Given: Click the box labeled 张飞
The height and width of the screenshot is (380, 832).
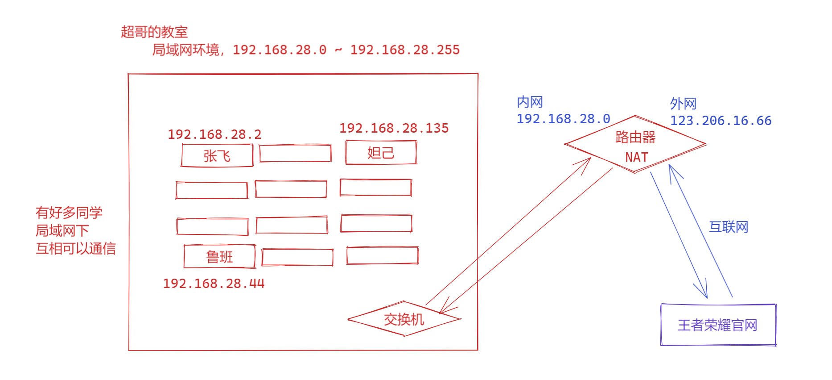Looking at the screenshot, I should [x=217, y=155].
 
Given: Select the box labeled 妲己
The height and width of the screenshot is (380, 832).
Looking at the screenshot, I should [x=381, y=153].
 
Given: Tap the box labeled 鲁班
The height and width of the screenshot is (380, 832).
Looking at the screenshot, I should [x=219, y=257].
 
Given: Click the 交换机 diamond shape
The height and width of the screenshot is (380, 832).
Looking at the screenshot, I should [x=404, y=319].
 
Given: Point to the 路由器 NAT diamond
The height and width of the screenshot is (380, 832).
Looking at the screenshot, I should [x=635, y=144].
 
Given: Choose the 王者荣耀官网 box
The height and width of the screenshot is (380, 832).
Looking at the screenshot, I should [x=718, y=325].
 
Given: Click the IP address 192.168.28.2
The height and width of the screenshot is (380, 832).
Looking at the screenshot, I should [x=214, y=134].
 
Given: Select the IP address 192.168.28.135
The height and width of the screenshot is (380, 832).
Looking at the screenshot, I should [x=394, y=128].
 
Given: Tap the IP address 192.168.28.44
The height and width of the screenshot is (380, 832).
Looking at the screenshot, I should [x=214, y=284].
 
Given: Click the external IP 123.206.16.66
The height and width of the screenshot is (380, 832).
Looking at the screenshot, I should [x=721, y=121].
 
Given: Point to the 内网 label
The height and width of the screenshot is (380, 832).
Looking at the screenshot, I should [x=530, y=102].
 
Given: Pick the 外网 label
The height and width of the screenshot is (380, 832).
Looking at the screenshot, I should [x=683, y=104].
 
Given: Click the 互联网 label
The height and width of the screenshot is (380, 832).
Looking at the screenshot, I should [x=729, y=227].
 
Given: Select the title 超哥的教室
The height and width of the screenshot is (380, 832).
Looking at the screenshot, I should [x=154, y=32].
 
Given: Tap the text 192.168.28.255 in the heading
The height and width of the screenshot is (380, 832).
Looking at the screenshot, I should [x=405, y=50].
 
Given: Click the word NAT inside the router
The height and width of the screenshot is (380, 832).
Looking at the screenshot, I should [x=636, y=157].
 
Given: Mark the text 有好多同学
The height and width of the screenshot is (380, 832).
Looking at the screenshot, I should [x=69, y=213].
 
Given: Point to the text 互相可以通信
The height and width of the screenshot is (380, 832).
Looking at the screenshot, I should [x=76, y=248].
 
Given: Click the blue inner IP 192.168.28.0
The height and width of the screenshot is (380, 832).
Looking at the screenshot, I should [x=563, y=119].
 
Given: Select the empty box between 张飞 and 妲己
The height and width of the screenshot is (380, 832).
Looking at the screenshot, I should [x=295, y=153].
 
